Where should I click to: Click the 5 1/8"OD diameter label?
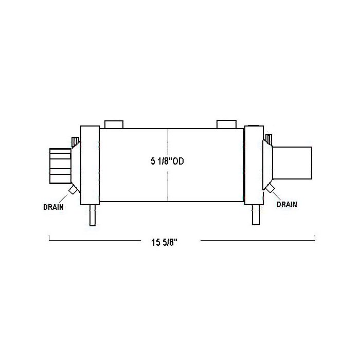pyautogui.click(x=167, y=161)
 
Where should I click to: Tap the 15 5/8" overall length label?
pyautogui.click(x=165, y=242)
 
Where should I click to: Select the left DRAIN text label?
pyautogui.click(x=53, y=207)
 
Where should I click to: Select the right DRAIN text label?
pyautogui.click(x=287, y=204)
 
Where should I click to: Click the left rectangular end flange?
pyautogui.click(x=90, y=165)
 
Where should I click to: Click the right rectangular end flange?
pyautogui.click(x=254, y=165)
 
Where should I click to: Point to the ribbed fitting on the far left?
pyautogui.click(x=60, y=166)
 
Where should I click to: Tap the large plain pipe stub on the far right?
pyautogui.click(x=292, y=163)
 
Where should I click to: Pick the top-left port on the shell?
pyautogui.click(x=114, y=124)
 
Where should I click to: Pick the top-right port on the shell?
pyautogui.click(x=227, y=124)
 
